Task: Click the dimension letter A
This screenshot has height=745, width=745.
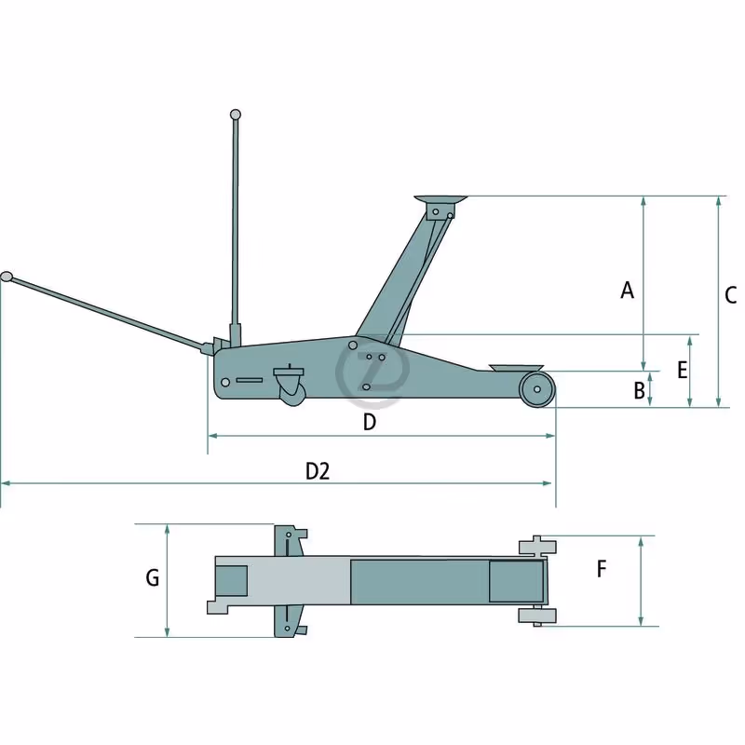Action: [x=627, y=290]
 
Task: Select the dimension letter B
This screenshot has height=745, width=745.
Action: [x=639, y=390]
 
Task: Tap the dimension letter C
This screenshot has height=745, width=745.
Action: [x=730, y=295]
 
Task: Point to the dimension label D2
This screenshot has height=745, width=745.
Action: [x=318, y=471]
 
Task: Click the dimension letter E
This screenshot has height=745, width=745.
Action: [x=683, y=370]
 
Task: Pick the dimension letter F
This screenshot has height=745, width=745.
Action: [x=602, y=569]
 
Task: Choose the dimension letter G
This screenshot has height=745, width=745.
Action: [x=152, y=578]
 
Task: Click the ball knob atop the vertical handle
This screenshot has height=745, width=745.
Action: [x=236, y=115]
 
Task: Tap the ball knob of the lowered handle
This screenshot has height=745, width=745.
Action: [x=7, y=277]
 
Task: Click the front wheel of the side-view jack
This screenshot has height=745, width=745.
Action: [x=537, y=389]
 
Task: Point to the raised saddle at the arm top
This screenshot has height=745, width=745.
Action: [x=440, y=199]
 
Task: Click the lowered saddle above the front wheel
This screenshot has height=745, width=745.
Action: [x=517, y=368]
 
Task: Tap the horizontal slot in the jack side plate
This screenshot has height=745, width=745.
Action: [x=249, y=380]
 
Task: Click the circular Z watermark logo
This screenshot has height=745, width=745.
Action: [x=372, y=371]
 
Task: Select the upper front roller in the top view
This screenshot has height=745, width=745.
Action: [x=538, y=546]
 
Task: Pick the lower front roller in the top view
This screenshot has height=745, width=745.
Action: [x=537, y=616]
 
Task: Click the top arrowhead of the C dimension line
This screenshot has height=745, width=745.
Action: [x=718, y=200]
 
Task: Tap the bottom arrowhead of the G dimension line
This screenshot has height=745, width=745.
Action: [x=167, y=631]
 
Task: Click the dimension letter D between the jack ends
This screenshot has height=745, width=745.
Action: [x=369, y=422]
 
